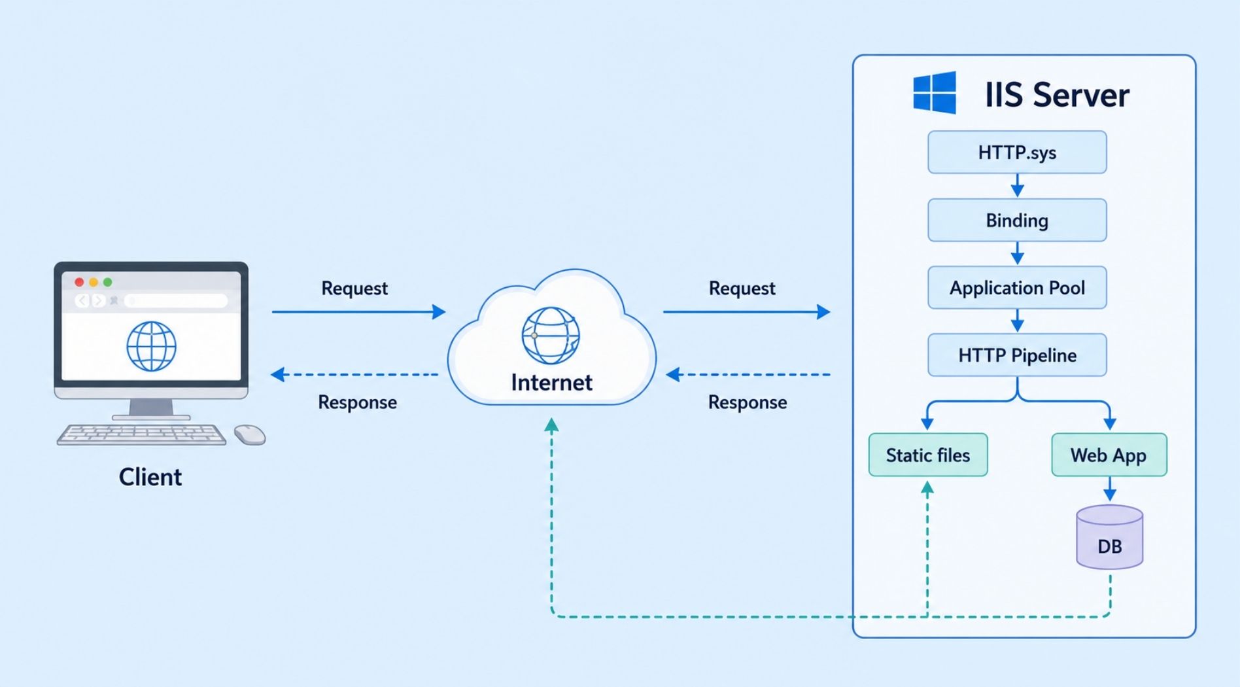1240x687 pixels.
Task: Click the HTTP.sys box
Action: pos(1017,152)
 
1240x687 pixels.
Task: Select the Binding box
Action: pos(1017,220)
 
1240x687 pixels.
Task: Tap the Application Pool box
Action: pos(1017,288)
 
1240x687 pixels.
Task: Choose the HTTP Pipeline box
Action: pos(1017,355)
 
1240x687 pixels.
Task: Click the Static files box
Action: pos(928,455)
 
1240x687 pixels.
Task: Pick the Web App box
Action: pos(1109,455)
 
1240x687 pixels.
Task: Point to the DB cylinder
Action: pos(1109,537)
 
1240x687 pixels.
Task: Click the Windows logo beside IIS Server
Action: pos(935,93)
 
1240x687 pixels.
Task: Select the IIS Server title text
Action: pos(1057,95)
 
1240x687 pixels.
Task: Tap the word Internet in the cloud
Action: pos(551,383)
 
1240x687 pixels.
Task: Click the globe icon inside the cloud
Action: pos(551,336)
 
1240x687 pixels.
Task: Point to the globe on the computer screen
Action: pos(151,346)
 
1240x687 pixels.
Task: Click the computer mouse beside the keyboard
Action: pos(250,434)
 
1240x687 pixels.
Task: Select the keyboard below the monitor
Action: pos(141,434)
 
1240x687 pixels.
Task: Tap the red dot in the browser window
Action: pos(79,282)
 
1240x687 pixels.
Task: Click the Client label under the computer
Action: pos(150,477)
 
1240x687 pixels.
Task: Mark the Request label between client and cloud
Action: pos(354,289)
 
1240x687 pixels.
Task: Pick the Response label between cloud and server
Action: pos(748,402)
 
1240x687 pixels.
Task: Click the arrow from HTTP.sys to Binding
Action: pos(1017,186)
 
